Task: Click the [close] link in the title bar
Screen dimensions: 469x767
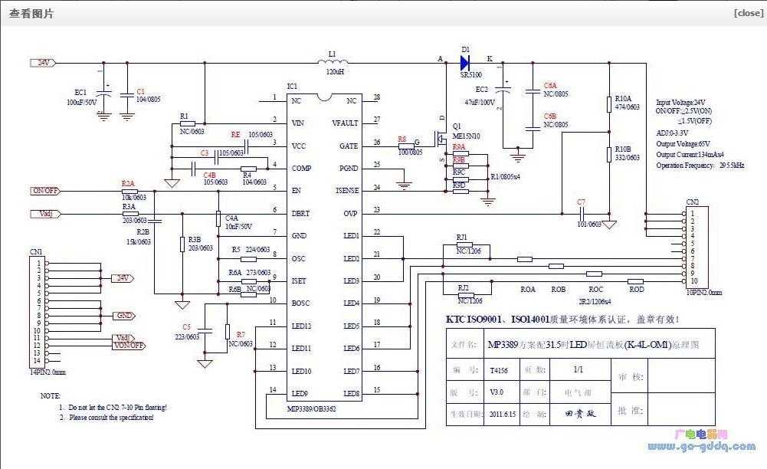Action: (748, 12)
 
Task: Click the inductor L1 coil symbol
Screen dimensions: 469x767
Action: (333, 62)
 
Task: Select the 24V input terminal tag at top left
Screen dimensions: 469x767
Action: (42, 63)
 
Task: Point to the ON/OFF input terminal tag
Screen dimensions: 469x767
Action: (45, 190)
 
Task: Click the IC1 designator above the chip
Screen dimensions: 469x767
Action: (292, 86)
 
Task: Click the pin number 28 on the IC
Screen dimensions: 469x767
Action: (376, 98)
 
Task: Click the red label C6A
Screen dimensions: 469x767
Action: (550, 85)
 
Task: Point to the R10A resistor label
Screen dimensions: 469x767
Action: (623, 99)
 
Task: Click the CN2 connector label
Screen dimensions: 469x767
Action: (693, 202)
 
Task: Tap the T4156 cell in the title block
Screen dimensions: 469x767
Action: (498, 369)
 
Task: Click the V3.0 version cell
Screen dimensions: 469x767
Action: (497, 392)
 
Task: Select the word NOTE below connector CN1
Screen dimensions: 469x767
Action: (51, 395)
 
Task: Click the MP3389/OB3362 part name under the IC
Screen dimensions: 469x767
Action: (311, 408)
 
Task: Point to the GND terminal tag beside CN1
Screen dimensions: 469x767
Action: (123, 316)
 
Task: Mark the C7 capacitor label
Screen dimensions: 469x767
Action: (582, 202)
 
